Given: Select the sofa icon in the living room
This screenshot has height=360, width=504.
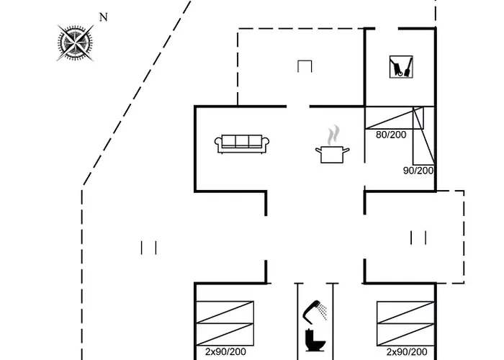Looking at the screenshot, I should click(242, 143).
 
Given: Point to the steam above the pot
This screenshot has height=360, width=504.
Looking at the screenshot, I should click(333, 135).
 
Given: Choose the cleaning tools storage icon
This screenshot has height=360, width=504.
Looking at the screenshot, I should click(400, 67).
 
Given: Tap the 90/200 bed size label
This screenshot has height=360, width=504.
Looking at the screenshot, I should click(418, 171).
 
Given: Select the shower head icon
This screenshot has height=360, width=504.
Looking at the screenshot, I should click(315, 310).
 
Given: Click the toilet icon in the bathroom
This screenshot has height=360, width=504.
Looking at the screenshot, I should click(315, 339).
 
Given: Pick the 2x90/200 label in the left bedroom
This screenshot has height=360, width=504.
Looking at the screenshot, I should click(225, 352).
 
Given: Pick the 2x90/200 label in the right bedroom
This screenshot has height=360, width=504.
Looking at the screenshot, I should click(407, 352).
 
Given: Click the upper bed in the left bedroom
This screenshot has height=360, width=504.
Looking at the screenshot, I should click(225, 312).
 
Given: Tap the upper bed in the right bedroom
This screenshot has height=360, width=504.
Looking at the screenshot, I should click(407, 312).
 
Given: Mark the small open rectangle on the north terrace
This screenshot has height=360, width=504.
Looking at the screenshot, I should click(305, 66).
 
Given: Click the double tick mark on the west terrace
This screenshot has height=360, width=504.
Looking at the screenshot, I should click(149, 248).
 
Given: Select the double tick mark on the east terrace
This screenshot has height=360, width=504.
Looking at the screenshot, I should click(418, 237).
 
